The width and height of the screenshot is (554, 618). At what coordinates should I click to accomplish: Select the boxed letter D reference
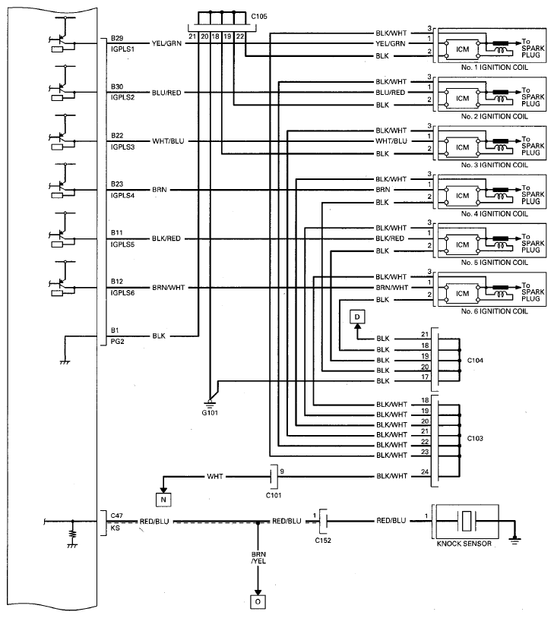357,316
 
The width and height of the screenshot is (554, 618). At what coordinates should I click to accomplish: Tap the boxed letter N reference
163,499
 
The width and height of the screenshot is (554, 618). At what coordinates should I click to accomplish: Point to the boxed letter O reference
258,602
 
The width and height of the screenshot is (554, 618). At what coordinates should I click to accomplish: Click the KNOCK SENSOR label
464,544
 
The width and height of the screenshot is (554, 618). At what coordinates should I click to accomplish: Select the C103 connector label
475,438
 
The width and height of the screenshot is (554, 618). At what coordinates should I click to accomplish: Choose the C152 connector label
324,541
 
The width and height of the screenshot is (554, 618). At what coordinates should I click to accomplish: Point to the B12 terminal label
117,281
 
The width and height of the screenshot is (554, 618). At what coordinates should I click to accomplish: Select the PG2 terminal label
116,342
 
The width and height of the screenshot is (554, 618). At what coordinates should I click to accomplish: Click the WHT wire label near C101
215,477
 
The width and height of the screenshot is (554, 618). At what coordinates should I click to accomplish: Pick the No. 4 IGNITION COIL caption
493,213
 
